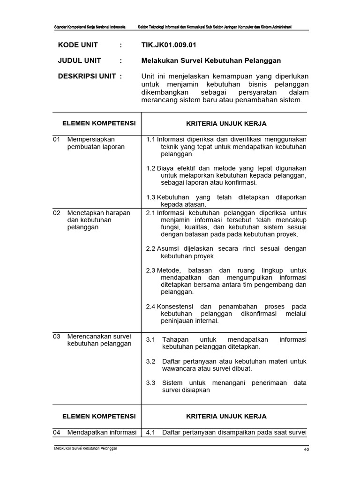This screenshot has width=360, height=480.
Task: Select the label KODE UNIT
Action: (79, 46)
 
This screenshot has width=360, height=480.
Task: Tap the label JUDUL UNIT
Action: (79, 60)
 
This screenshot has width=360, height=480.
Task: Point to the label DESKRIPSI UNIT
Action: (86, 76)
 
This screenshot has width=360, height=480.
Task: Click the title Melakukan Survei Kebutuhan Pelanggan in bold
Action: (211, 60)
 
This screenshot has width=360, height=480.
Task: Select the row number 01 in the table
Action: (57, 139)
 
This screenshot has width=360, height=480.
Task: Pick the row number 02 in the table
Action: (57, 213)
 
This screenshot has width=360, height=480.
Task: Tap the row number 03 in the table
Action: (57, 336)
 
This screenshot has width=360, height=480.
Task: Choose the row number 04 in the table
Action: (57, 432)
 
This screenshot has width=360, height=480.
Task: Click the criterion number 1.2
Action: (150, 168)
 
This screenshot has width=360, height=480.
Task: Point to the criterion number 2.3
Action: (150, 270)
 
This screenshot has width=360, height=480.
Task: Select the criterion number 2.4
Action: (150, 306)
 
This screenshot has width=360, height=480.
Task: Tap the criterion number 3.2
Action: (150, 361)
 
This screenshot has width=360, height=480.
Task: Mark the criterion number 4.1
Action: (150, 432)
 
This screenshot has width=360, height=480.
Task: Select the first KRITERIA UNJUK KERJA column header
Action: (226, 124)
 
